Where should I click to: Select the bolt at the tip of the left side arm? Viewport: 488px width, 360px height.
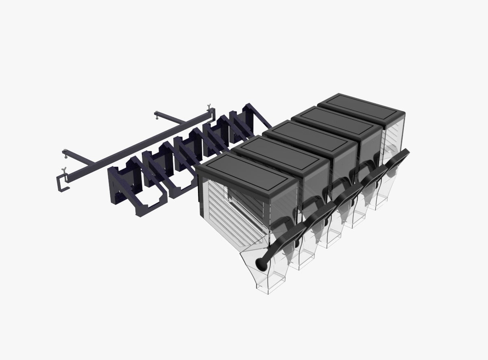click(65, 153)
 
